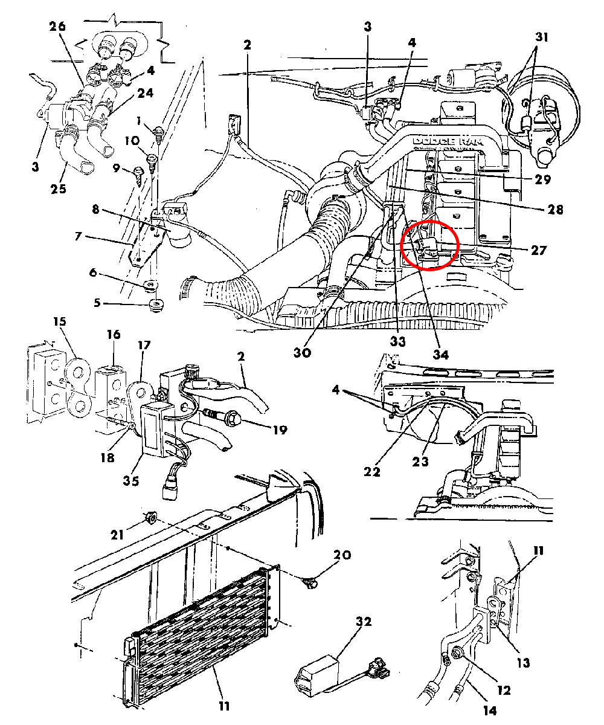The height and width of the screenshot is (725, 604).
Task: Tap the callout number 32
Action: (x=364, y=621)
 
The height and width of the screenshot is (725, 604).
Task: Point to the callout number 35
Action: (x=130, y=481)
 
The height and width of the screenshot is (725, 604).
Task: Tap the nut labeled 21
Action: (x=151, y=517)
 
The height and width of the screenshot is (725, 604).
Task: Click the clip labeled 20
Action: (x=310, y=582)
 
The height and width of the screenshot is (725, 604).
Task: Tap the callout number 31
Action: (x=541, y=37)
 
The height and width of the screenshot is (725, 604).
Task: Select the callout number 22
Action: (x=373, y=471)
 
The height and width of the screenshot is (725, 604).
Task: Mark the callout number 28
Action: (x=556, y=209)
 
